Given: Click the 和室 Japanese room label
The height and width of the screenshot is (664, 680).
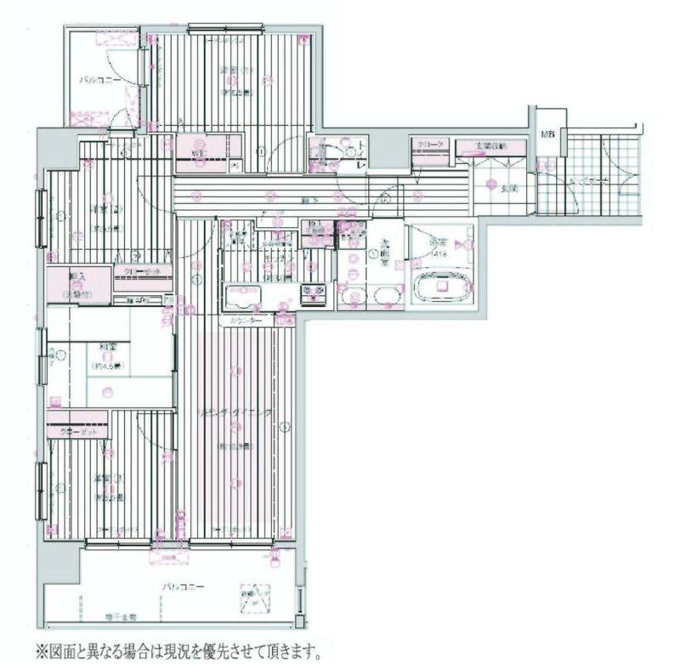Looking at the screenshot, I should [x=107, y=347].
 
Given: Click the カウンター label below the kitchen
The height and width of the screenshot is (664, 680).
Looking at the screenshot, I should [x=245, y=321].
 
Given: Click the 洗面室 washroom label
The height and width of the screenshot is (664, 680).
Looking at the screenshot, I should [x=384, y=253].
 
